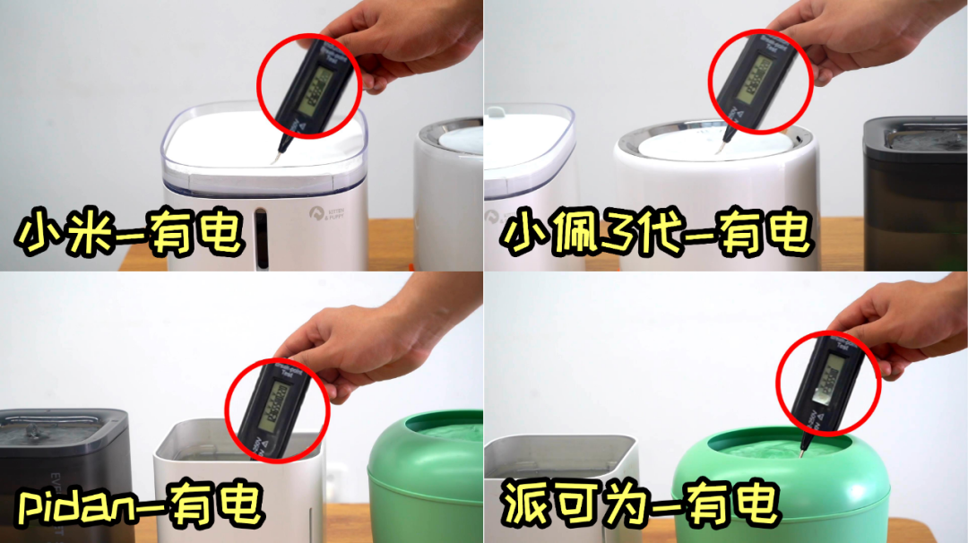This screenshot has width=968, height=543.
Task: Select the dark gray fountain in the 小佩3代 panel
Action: [x=915, y=193]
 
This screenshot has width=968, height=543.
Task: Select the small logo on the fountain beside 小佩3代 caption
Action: [x=492, y=217]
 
